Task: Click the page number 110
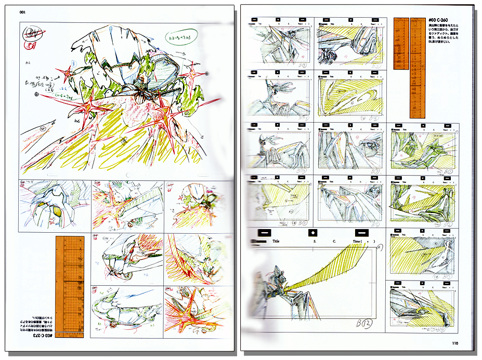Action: tap(454, 342)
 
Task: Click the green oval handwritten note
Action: tap(179, 37)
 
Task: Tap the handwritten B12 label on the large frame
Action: tap(362, 324)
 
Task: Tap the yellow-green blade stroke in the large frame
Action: tap(322, 266)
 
